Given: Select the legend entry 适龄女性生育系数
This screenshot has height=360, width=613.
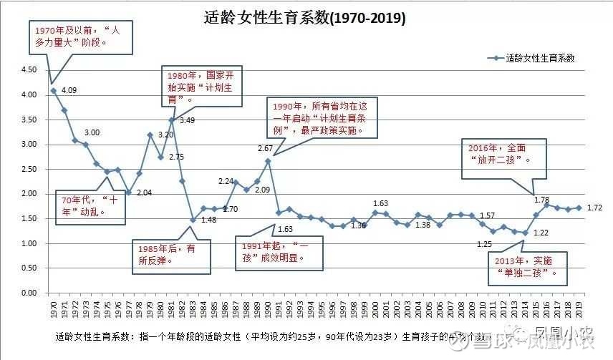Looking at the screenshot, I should (540, 58).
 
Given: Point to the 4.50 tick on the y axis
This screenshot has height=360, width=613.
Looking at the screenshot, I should (28, 69).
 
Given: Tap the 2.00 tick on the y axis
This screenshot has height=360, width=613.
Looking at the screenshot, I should (28, 194).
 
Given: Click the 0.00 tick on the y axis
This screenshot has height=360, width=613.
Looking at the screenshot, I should (28, 293).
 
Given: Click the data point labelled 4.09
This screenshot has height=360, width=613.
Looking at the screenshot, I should (54, 91).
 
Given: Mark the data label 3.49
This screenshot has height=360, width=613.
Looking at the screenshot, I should (187, 120).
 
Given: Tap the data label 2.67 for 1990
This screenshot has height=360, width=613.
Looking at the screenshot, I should (266, 148).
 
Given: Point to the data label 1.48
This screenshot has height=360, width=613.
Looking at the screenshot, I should (208, 220).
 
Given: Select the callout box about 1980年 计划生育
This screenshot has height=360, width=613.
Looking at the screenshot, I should (201, 87).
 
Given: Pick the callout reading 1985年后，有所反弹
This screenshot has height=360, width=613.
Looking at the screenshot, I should (173, 254).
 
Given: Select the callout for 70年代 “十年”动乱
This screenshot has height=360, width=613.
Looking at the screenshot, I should (91, 205).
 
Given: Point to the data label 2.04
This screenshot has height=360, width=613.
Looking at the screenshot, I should (144, 193).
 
